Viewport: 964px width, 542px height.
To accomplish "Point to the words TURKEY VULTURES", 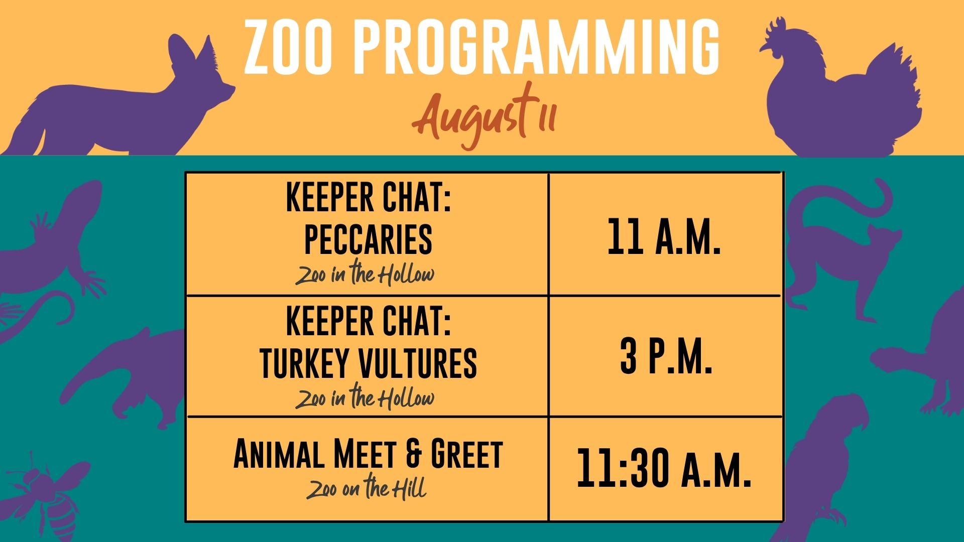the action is pos(368,363).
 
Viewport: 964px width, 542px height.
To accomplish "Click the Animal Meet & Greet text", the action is pos(368,454).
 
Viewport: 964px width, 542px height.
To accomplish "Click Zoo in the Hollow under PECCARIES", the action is pos(365,274).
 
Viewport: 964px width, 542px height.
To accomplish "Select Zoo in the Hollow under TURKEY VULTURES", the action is pos(365,397).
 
